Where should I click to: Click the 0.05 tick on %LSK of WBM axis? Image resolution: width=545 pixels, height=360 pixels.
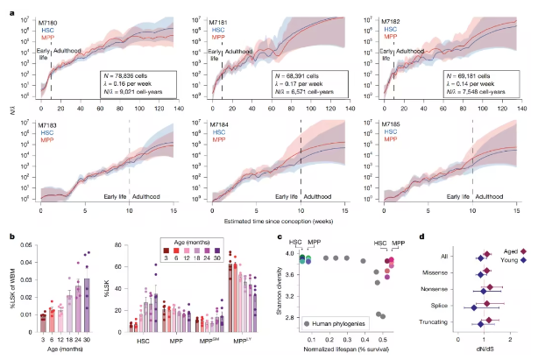[x=26, y=251]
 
